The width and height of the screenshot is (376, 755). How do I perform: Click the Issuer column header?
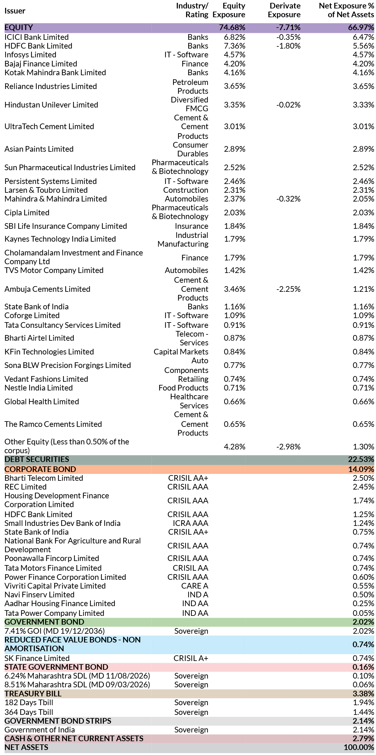[15, 11]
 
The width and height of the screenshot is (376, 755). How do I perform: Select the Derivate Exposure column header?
[284, 10]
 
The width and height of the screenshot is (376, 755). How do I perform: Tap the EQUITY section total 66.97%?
[361, 28]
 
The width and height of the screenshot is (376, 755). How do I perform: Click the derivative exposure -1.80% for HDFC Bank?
[288, 46]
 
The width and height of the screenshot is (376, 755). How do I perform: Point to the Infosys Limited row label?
[30, 55]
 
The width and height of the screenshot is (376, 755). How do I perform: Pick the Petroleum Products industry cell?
[190, 87]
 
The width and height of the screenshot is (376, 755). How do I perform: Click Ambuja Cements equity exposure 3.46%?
[235, 289]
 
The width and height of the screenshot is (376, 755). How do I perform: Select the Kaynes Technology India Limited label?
[60, 239]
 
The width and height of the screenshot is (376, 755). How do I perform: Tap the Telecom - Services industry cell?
[192, 338]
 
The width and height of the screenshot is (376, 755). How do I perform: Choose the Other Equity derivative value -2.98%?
[288, 447]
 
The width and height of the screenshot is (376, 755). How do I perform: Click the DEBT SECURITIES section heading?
[37, 459]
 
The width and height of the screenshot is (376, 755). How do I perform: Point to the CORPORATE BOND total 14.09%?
[361, 469]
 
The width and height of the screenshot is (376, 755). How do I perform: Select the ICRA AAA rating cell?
[190, 523]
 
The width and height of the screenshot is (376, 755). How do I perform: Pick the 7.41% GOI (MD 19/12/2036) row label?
[55, 631]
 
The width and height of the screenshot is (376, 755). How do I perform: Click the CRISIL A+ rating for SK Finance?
[191, 658]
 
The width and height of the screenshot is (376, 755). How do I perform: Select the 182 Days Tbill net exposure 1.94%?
[363, 703]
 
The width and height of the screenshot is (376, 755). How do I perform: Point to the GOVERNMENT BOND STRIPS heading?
[58, 721]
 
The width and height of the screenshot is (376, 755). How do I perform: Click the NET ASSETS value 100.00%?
[359, 747]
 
